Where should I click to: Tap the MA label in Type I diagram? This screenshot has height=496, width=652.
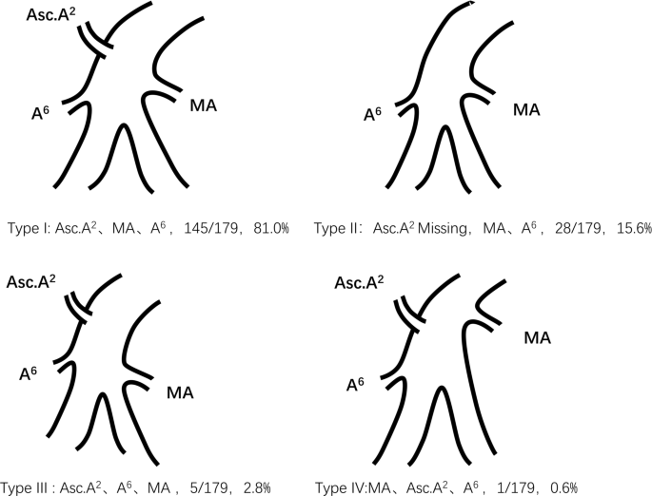click(x=204, y=105)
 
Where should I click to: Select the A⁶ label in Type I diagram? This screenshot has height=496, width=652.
click(x=42, y=115)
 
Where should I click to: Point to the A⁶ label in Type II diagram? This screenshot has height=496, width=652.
click(x=374, y=115)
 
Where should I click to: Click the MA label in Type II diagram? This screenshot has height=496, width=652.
click(x=526, y=109)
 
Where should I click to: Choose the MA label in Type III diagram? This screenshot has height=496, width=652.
click(x=180, y=391)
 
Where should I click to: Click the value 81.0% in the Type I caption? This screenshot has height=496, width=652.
click(x=268, y=228)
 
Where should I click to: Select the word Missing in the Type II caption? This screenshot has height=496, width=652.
click(x=453, y=228)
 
